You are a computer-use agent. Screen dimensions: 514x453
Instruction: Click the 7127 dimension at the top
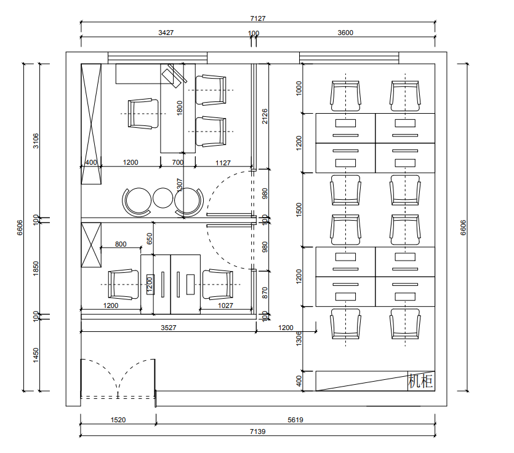258,18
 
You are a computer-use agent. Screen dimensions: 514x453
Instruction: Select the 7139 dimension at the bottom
258,431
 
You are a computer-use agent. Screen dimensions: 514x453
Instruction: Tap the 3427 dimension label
166,33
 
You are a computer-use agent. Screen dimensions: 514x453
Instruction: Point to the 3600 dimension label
345,33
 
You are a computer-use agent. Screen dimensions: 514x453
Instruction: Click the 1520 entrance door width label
118,420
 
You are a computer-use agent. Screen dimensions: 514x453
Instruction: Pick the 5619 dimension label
295,420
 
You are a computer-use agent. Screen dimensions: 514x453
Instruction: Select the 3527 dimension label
169,328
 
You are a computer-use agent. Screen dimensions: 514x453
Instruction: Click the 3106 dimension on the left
36,141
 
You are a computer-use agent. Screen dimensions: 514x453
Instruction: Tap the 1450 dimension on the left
36,355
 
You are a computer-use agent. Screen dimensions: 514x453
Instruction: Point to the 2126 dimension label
265,116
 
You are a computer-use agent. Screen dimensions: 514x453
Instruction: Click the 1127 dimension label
223,163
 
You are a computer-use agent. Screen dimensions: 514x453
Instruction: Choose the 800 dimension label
121,244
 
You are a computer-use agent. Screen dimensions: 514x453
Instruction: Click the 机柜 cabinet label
420,380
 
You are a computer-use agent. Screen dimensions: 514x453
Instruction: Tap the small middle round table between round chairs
163,198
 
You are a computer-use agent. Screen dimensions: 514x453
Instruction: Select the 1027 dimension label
225,305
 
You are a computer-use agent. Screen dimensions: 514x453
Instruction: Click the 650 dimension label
150,238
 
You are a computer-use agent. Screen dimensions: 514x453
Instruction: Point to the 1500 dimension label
299,210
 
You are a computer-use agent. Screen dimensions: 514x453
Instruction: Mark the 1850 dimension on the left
36,269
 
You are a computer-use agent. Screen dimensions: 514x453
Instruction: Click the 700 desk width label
178,162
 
